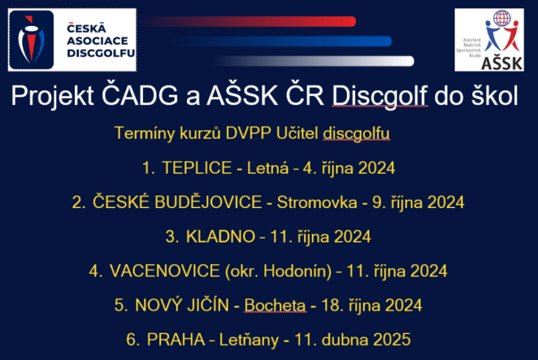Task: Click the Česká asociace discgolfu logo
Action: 72,39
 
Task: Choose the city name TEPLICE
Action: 196,168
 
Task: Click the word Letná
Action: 263,168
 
